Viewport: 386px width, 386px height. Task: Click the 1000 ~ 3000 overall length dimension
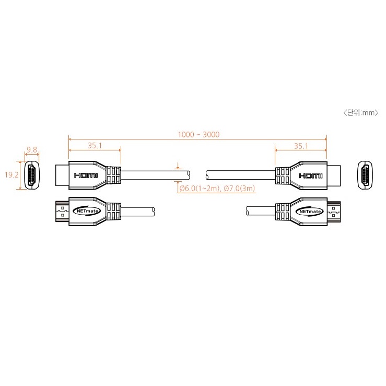click(198, 134)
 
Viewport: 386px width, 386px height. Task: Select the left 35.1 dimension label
click(95, 146)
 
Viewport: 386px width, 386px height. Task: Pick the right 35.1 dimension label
click(301, 146)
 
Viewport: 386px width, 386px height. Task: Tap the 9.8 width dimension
click(32, 149)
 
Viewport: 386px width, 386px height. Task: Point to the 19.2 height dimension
click(11, 175)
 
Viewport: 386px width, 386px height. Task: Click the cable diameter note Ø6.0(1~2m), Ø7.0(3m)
click(217, 189)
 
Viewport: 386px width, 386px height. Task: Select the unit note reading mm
click(361, 113)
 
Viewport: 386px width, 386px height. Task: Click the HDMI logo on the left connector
click(86, 176)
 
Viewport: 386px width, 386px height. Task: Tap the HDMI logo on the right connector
click(310, 176)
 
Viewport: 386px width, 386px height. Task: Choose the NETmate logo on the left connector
click(87, 211)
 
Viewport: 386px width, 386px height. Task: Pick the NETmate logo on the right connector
click(310, 212)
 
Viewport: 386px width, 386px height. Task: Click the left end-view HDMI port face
click(32, 175)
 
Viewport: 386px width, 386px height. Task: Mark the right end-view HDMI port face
click(365, 175)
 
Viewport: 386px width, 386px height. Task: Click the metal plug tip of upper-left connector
click(62, 176)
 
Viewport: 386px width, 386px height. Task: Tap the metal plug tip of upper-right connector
click(334, 176)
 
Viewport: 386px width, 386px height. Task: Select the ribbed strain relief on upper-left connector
click(113, 176)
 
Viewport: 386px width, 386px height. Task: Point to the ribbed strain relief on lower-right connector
click(283, 212)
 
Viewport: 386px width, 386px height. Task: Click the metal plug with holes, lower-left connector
click(62, 212)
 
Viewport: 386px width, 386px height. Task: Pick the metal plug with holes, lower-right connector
click(334, 212)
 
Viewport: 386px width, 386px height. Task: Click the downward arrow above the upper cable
click(178, 166)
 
